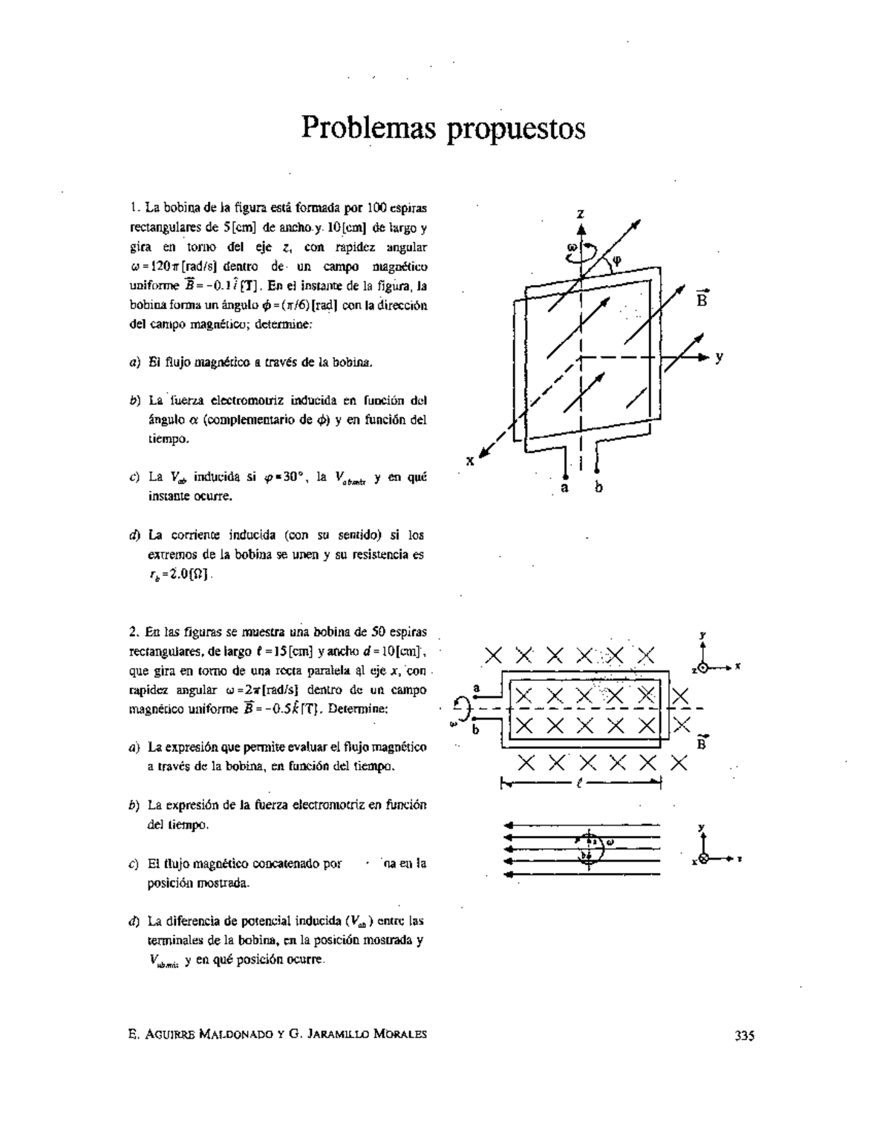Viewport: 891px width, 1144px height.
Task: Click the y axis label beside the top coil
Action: (x=719, y=358)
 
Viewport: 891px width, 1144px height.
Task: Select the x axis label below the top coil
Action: (x=470, y=460)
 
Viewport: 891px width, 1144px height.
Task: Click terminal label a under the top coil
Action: (x=564, y=487)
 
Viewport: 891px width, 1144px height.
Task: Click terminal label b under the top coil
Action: (x=599, y=487)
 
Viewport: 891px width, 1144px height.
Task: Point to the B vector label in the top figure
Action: (x=702, y=299)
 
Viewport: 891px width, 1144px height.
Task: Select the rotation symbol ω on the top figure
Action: (x=569, y=247)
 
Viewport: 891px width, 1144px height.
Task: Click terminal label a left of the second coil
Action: (x=477, y=688)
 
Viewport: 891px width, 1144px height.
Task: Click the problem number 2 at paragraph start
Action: (x=131, y=633)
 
